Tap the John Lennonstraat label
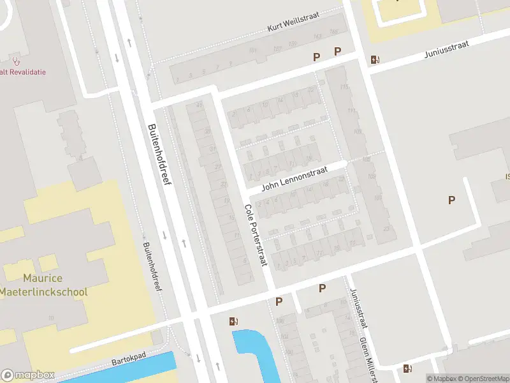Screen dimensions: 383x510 click(294, 177)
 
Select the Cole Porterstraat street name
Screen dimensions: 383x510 click(256, 235)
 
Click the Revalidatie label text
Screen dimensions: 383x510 click(22, 72)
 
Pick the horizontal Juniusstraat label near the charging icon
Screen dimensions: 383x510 click(445, 55)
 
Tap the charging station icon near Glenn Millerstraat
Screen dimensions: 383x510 click(407, 368)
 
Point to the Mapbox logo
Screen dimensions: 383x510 click(28, 375)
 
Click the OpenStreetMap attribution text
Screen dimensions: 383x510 click(482, 379)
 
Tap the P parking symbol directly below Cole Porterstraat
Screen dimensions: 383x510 click(279, 301)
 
